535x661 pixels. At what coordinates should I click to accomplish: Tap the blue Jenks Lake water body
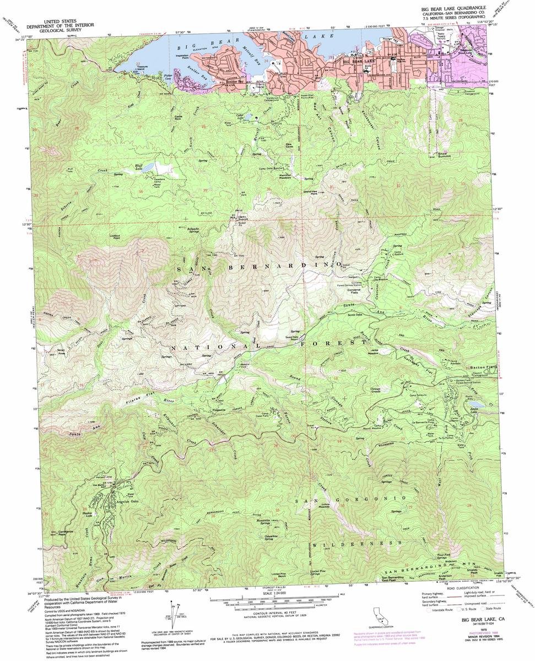(x=474, y=410)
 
